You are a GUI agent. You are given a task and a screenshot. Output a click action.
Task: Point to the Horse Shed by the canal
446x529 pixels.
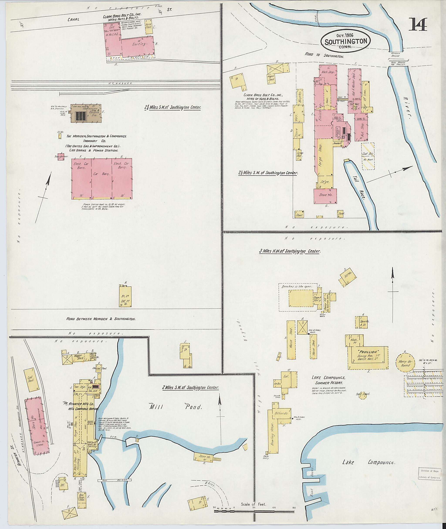pyautogui.click(x=149, y=27)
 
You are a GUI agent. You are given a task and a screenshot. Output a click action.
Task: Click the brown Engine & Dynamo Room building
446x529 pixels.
pyautogui.click(x=87, y=113)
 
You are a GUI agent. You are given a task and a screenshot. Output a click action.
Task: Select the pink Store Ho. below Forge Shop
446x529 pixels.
pyautogui.click(x=325, y=196)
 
